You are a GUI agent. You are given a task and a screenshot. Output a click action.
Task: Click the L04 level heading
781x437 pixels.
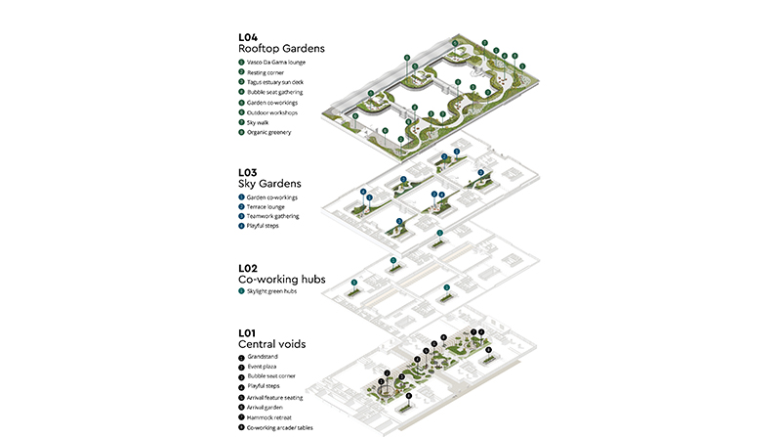pos(248,37)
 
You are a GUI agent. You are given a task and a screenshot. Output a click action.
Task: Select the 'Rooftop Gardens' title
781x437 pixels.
pos(281,48)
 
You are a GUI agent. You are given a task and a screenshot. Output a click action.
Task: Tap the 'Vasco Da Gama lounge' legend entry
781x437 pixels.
pos(276,63)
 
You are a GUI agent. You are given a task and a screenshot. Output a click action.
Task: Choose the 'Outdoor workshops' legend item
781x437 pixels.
pos(271,111)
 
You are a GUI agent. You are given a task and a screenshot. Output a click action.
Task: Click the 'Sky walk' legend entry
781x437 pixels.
pos(259,122)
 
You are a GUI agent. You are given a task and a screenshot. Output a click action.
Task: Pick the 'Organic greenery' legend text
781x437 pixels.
pos(269,132)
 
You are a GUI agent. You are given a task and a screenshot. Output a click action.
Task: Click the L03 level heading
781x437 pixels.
pos(248,171)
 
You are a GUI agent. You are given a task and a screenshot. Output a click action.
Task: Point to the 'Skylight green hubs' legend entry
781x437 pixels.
pos(272,291)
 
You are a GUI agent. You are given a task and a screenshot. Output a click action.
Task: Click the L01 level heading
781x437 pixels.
pos(248,333)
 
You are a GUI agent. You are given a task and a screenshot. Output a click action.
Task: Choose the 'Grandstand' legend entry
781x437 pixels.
pos(263,357)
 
